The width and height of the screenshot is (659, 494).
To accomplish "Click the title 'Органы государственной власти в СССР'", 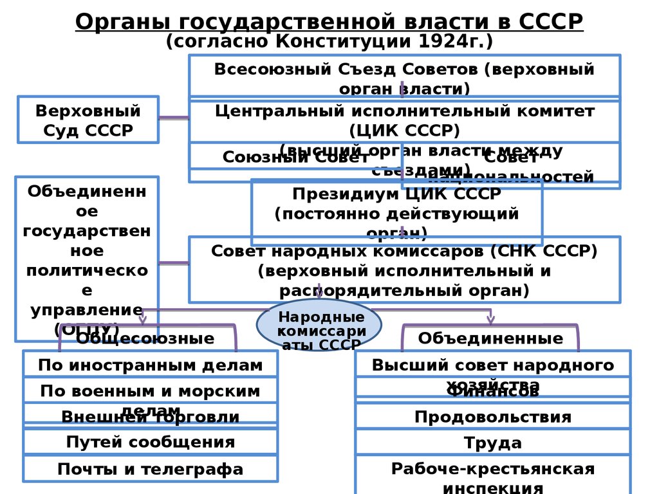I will [329, 21].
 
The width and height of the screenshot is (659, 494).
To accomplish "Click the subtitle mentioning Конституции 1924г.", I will [329, 42].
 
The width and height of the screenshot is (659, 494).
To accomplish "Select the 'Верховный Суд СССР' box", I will [88, 120].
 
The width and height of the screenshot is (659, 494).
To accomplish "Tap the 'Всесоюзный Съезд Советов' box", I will [404, 77].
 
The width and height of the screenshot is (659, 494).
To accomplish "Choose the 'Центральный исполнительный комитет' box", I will [404, 120].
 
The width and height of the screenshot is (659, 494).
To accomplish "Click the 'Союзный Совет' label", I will [295, 157].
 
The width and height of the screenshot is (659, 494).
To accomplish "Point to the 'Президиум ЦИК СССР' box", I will [396, 212].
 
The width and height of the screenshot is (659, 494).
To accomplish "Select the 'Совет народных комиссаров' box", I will [404, 270].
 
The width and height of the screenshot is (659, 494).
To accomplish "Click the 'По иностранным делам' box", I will [150, 365].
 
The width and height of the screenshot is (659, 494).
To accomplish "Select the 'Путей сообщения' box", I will [150, 442].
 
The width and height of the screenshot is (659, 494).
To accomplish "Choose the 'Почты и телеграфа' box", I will [150, 469].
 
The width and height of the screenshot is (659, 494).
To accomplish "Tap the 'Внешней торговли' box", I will [150, 417].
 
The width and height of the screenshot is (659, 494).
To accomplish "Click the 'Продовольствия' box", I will [493, 417].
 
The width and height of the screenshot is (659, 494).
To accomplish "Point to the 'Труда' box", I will [493, 443].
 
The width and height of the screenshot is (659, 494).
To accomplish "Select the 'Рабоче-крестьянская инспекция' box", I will [493, 476].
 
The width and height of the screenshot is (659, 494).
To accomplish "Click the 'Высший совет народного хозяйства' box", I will [493, 365].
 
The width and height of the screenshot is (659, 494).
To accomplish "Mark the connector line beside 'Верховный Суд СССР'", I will [173, 118].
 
